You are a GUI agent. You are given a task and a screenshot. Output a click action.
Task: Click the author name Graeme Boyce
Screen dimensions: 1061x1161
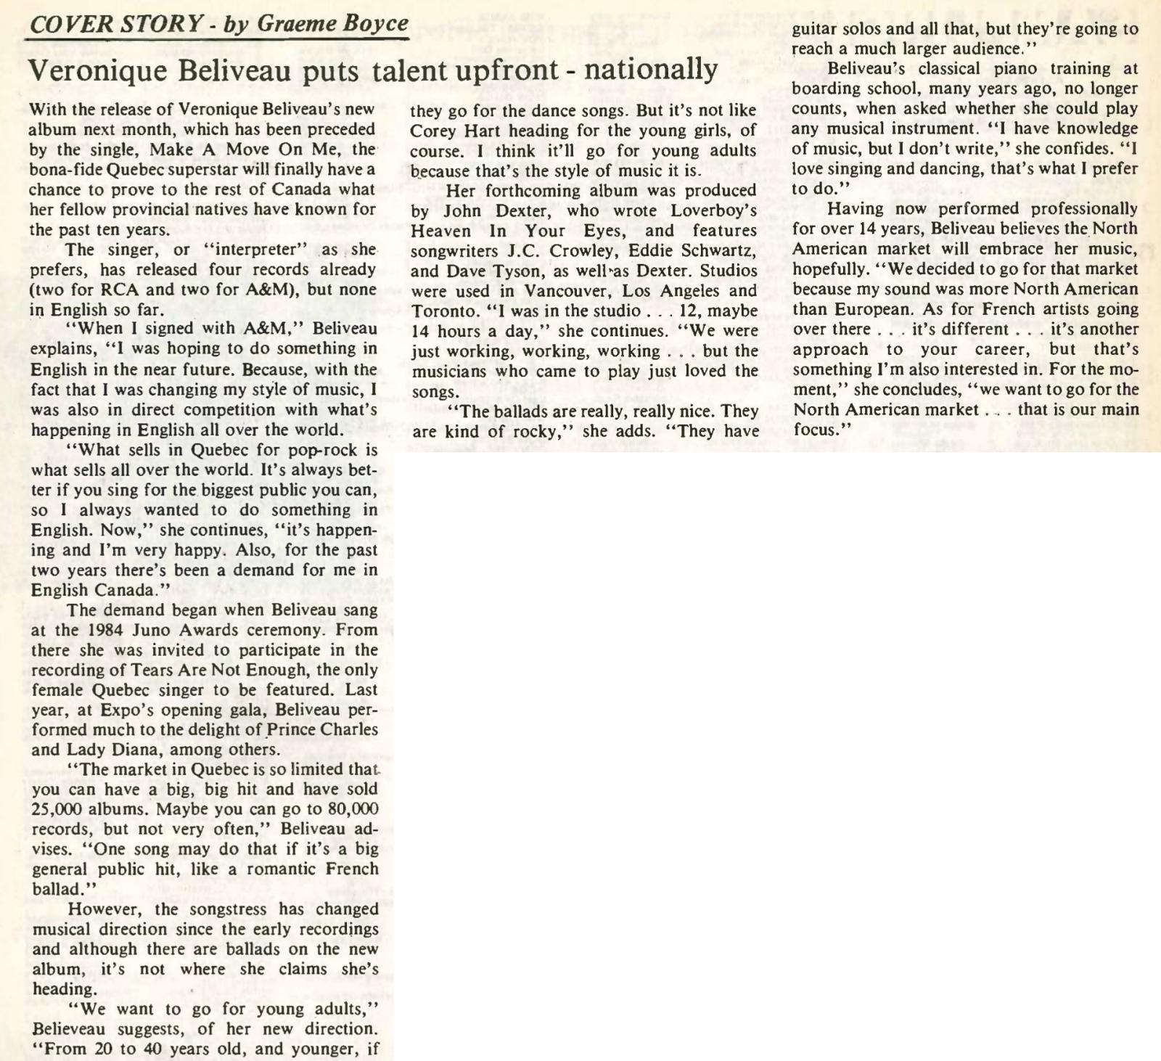[333, 24]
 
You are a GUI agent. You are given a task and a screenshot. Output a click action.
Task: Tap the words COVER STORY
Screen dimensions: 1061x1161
[115, 24]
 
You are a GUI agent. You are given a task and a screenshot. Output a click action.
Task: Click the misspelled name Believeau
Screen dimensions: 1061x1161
[70, 1029]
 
